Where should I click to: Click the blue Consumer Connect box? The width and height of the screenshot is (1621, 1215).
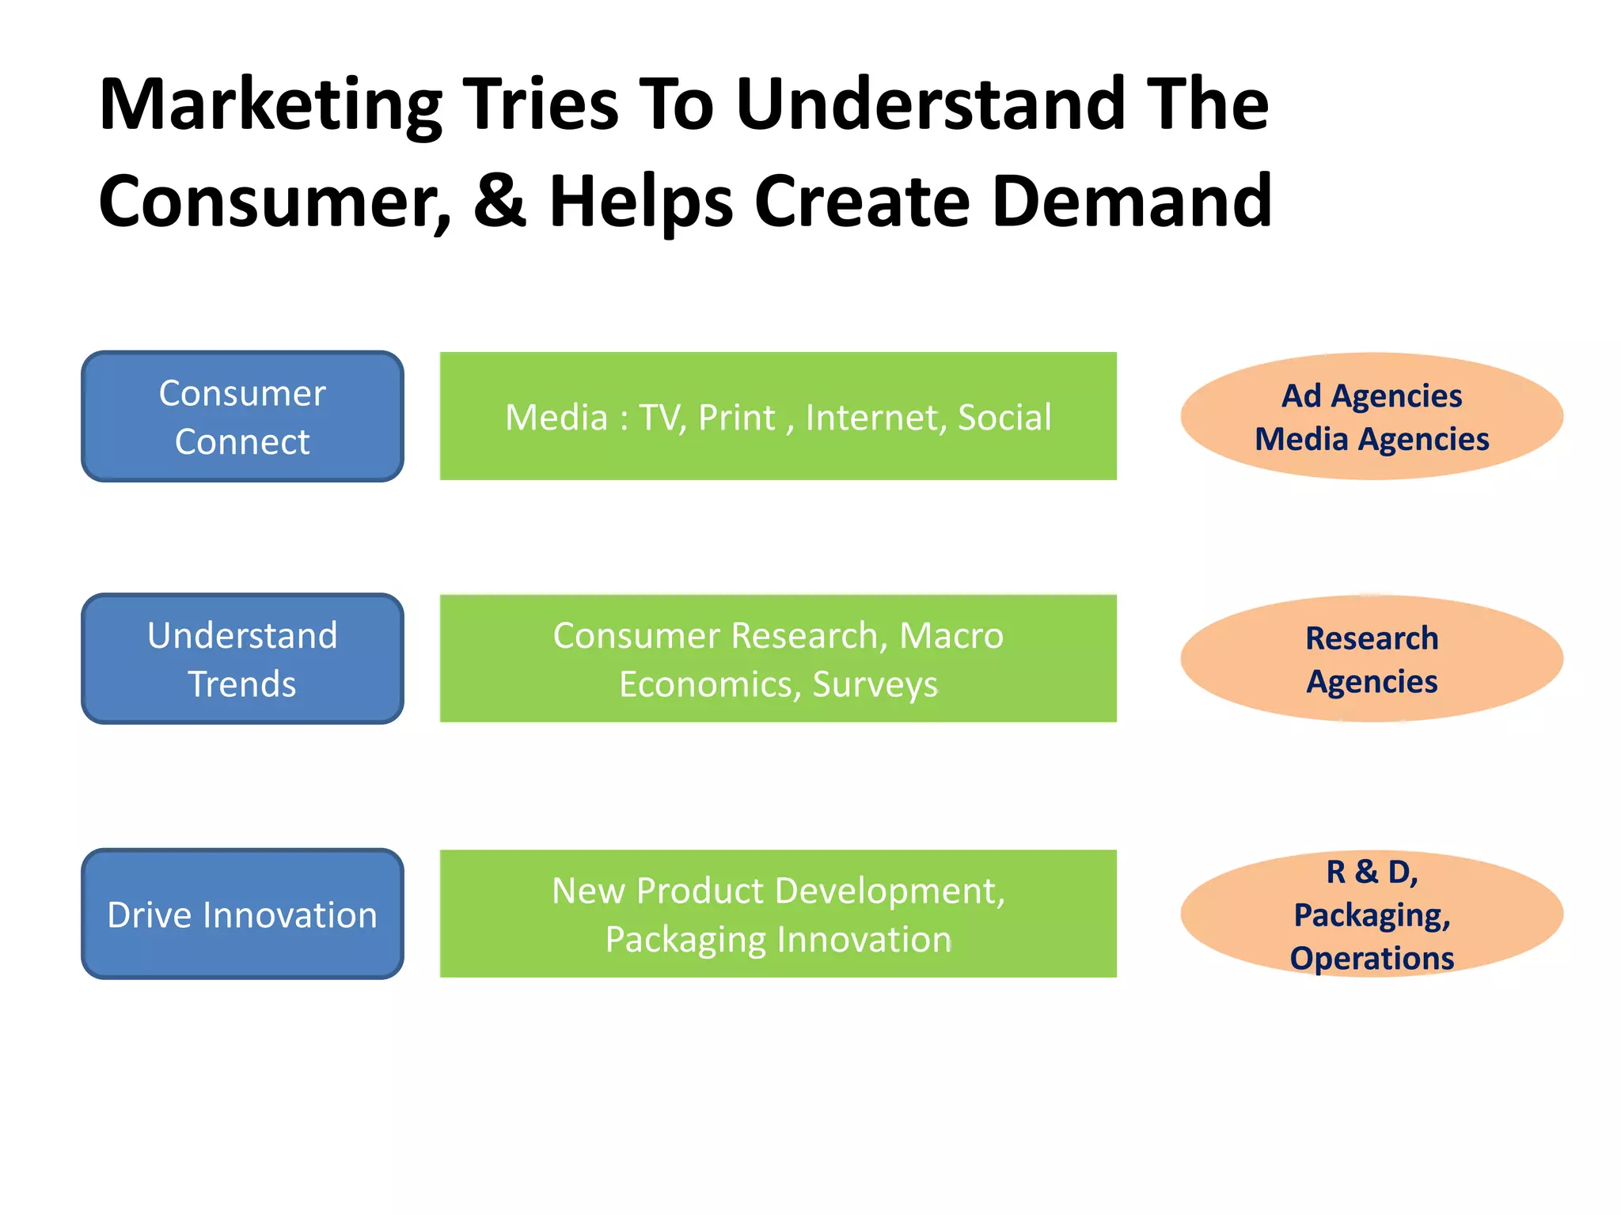click(x=242, y=417)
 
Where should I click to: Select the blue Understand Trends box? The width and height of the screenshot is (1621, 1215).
click(x=242, y=659)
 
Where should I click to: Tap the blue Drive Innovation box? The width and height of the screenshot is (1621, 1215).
click(x=242, y=914)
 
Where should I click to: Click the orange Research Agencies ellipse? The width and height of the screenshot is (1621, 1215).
click(x=1371, y=659)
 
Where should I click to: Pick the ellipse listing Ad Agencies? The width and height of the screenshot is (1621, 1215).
click(x=1371, y=417)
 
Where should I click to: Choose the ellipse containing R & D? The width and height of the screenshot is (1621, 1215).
click(x=1371, y=914)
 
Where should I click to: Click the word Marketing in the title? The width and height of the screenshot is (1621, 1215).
click(x=270, y=106)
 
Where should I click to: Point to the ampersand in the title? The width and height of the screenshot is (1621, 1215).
click(x=500, y=201)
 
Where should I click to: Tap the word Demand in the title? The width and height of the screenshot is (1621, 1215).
click(x=1131, y=201)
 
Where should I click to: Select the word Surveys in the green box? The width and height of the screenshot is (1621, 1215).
click(x=875, y=685)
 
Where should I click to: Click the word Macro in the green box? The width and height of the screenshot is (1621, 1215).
click(x=951, y=636)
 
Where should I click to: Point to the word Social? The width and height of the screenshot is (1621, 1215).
click(x=1004, y=418)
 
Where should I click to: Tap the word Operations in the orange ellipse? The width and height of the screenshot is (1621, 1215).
click(x=1372, y=959)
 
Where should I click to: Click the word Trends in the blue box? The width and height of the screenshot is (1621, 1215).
click(x=242, y=684)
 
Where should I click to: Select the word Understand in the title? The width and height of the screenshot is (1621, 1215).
click(x=930, y=106)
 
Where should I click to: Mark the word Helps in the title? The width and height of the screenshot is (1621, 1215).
click(x=641, y=202)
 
